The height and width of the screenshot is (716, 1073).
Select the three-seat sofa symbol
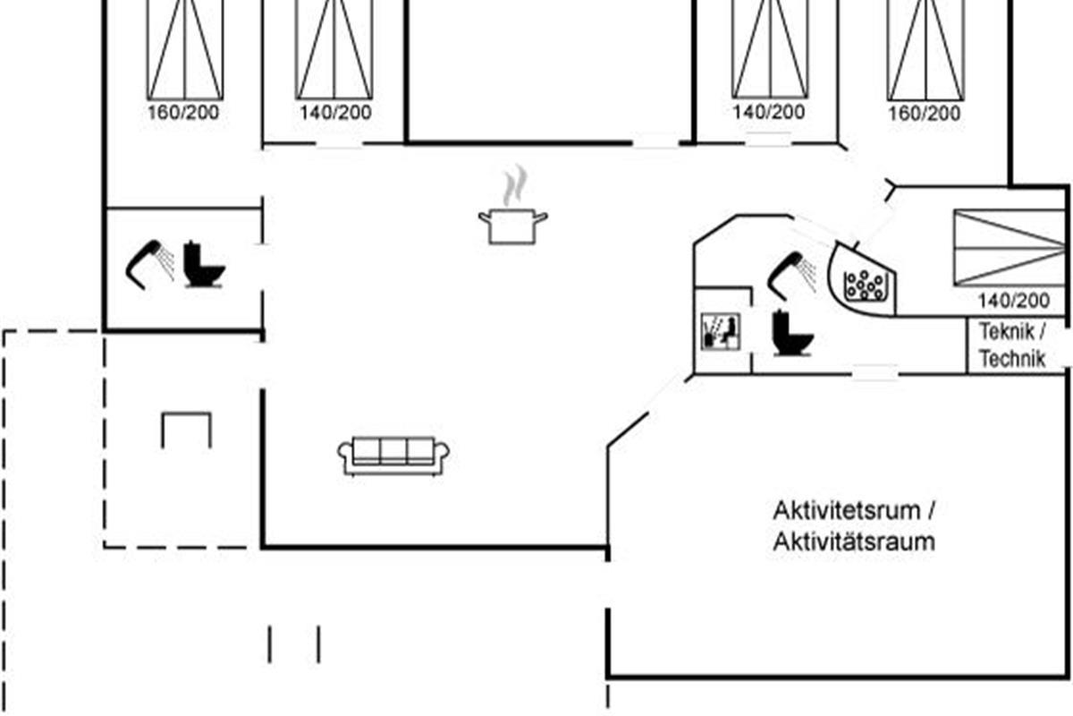(x=393, y=456)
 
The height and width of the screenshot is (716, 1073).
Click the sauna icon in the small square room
(x=721, y=331)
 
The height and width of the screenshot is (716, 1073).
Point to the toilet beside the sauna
(x=791, y=334)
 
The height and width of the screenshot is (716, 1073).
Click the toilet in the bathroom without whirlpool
(x=204, y=265)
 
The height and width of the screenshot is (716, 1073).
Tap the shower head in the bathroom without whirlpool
(x=150, y=264)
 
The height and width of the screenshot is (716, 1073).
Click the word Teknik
(x=1007, y=331)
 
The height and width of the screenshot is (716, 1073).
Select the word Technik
(x=1011, y=359)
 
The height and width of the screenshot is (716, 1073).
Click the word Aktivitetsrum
(x=847, y=511)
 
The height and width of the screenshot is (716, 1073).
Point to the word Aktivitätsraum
(x=854, y=542)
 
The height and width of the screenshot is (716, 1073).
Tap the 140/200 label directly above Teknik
(x=1014, y=301)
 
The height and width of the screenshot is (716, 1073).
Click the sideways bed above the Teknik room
(x=1010, y=247)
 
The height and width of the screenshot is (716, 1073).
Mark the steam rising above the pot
(x=515, y=184)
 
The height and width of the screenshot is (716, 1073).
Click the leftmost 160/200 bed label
(x=183, y=113)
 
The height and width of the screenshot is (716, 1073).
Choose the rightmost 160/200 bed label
(x=925, y=114)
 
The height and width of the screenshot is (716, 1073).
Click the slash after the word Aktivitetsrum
(x=930, y=511)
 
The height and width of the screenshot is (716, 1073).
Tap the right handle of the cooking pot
(x=541, y=217)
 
